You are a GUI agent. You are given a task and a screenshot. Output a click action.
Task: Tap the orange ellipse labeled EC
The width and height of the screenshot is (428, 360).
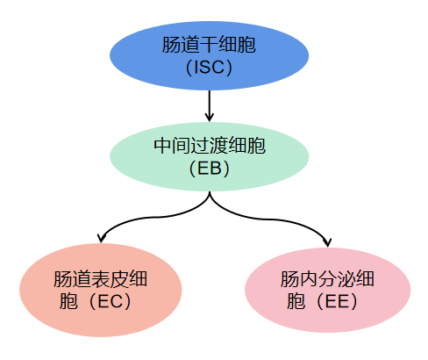[99, 290]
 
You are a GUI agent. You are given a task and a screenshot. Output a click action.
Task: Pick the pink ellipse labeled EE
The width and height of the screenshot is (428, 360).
[327, 290]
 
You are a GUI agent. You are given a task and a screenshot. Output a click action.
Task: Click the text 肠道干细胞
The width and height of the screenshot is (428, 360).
[209, 45]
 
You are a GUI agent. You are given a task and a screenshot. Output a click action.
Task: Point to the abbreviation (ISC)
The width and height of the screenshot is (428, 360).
[209, 68]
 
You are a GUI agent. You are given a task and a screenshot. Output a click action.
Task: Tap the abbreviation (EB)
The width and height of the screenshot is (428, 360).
[209, 168]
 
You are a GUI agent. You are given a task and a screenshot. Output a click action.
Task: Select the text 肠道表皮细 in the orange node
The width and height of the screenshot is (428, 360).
[99, 279]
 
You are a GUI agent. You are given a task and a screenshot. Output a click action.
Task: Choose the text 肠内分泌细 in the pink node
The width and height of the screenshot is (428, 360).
[327, 279]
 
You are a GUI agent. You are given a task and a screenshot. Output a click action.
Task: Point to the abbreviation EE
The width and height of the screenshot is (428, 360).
[341, 301]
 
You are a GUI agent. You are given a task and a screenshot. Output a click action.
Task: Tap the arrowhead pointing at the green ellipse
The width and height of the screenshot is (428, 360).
[210, 118]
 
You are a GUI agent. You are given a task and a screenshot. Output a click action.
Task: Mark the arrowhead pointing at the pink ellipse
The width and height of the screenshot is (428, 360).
[327, 241]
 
